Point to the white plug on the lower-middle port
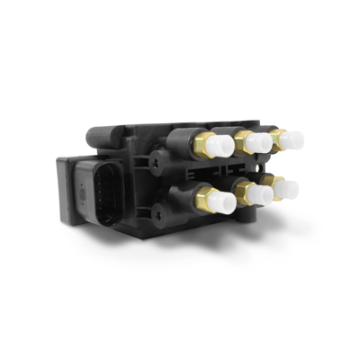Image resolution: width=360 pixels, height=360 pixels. coord(262,196)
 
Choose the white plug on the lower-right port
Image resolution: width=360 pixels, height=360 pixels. coord(288,190)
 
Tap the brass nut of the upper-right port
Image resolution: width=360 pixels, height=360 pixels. coord(277,138)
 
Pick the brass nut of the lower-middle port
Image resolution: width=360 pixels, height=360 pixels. coord(245,191)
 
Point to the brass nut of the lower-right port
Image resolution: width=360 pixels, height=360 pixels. coord(274,185)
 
